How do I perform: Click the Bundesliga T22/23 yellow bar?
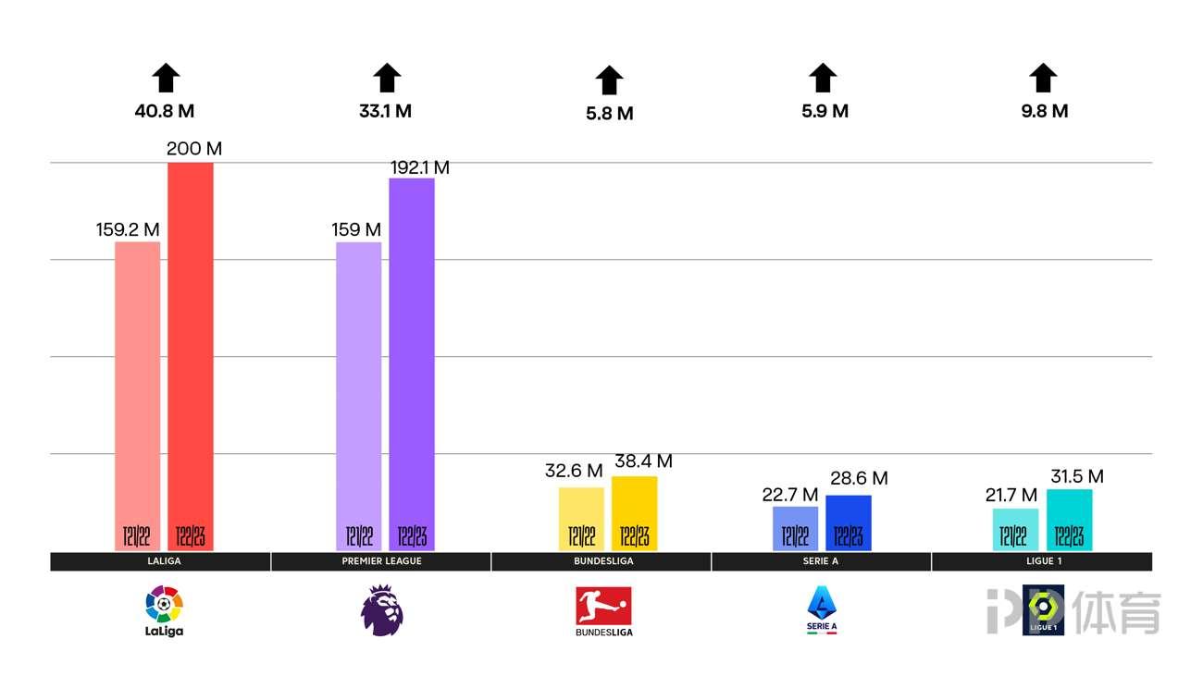634,513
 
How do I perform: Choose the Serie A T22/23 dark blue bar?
848,522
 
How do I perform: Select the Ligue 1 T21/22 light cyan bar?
1015,529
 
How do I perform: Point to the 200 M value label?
194,149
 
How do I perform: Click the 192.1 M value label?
419,167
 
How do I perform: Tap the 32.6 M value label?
574,471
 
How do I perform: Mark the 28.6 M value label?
859,478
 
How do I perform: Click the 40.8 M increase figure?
165,111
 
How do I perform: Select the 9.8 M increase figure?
1043,111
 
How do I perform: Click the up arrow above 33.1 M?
386,78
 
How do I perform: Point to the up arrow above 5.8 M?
609,80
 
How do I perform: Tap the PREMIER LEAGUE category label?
380,561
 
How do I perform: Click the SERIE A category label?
821,561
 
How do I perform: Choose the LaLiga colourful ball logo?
164,606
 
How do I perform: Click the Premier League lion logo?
382,610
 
